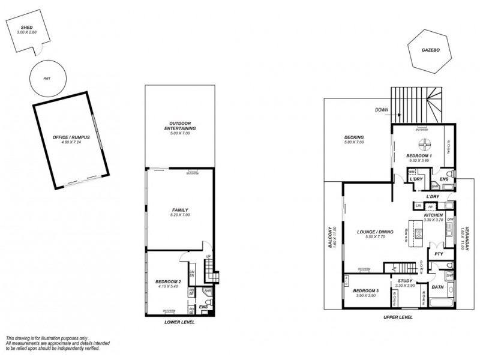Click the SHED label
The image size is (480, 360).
point(26,27)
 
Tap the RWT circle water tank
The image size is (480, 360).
point(47,79)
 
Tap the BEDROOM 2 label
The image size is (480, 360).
point(168,281)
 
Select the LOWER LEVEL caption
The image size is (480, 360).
point(180,321)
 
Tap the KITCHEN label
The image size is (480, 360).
point(434,215)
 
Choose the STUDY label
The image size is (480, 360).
point(406,281)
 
